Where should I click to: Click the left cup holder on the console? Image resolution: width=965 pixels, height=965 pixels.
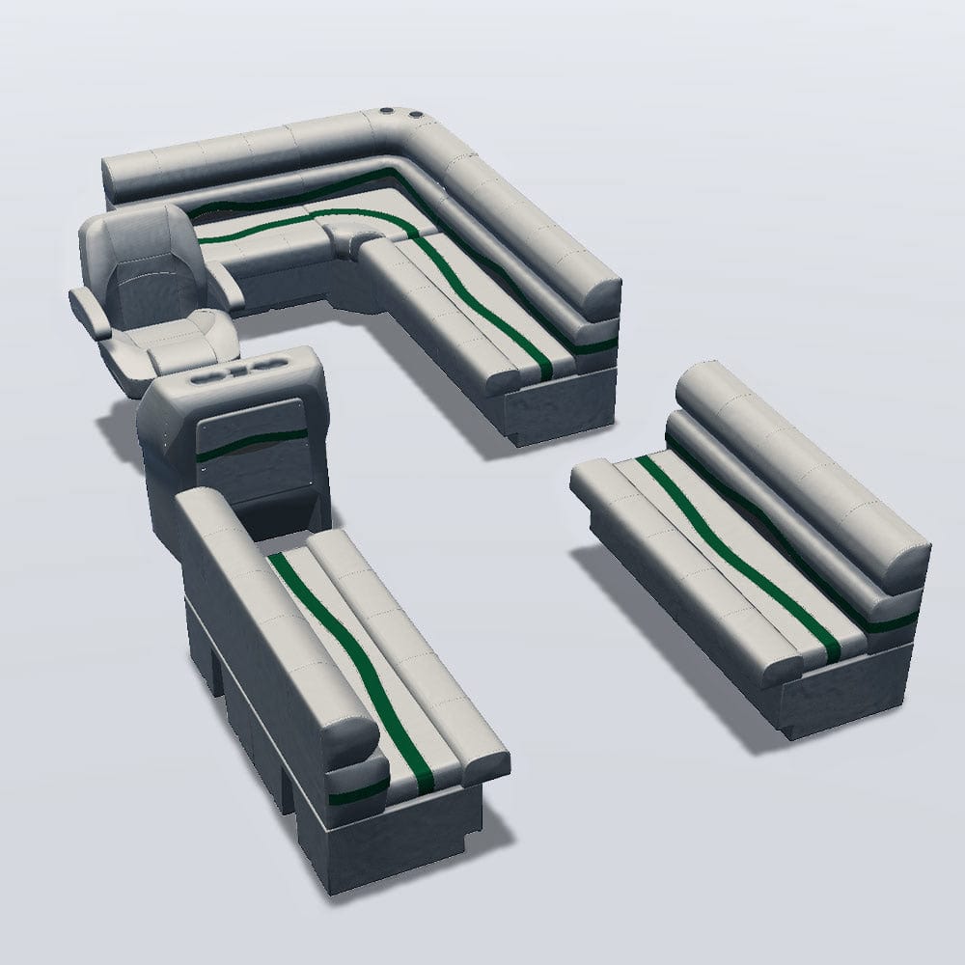(x=208, y=379)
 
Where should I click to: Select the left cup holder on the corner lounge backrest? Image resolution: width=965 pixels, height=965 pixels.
(x=387, y=113)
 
